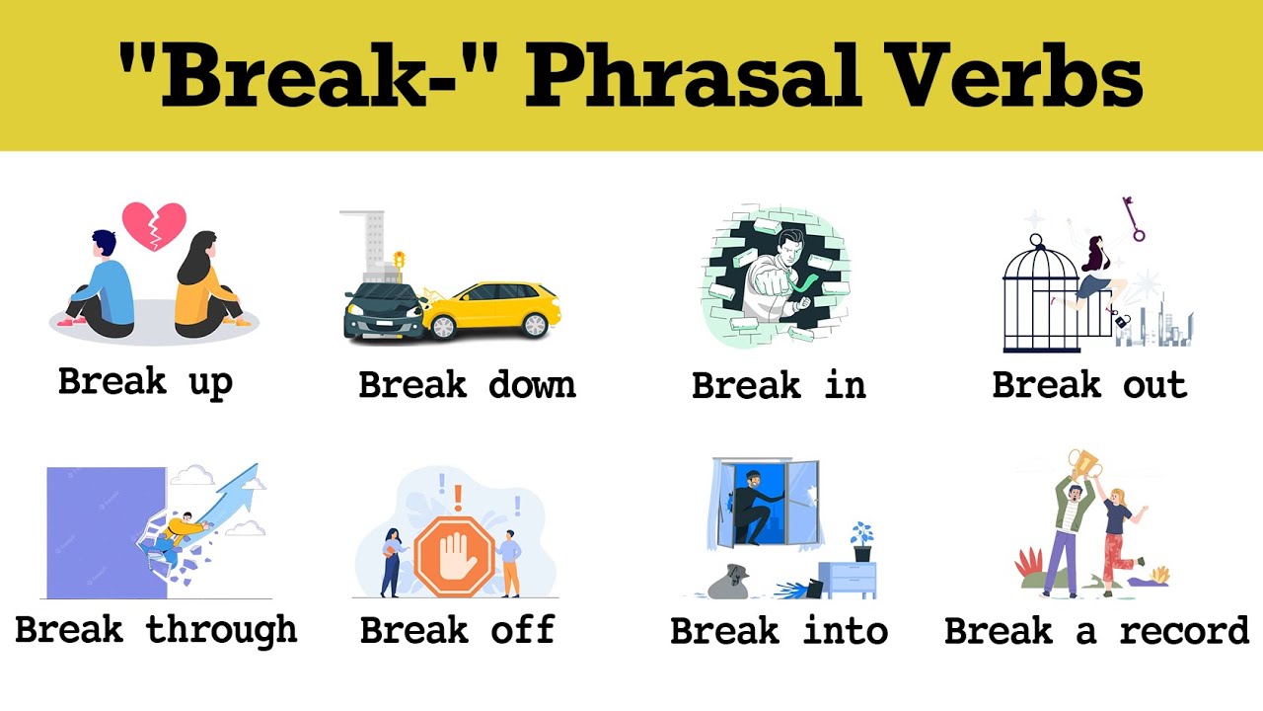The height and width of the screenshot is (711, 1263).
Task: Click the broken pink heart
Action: tap(154, 226)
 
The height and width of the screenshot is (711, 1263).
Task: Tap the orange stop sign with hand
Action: tap(453, 559)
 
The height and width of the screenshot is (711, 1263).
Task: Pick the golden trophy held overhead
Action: tap(1083, 464)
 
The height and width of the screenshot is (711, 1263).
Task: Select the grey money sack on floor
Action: tap(738, 582)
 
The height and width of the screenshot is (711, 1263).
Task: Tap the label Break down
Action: tap(467, 384)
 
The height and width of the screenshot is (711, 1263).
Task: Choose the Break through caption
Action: tap(156, 629)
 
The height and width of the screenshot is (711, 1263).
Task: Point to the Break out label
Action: tap(1089, 384)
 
